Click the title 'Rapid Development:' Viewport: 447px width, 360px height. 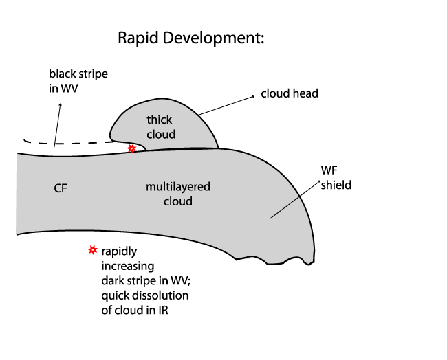191,38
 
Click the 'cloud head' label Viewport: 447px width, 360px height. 290,93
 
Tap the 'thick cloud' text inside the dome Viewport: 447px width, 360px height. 161,127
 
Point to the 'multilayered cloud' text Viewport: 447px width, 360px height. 178,194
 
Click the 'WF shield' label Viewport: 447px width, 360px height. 336,177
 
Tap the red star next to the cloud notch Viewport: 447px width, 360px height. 131,148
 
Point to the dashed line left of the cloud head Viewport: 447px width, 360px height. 69,144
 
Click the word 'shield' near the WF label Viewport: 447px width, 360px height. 336,185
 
